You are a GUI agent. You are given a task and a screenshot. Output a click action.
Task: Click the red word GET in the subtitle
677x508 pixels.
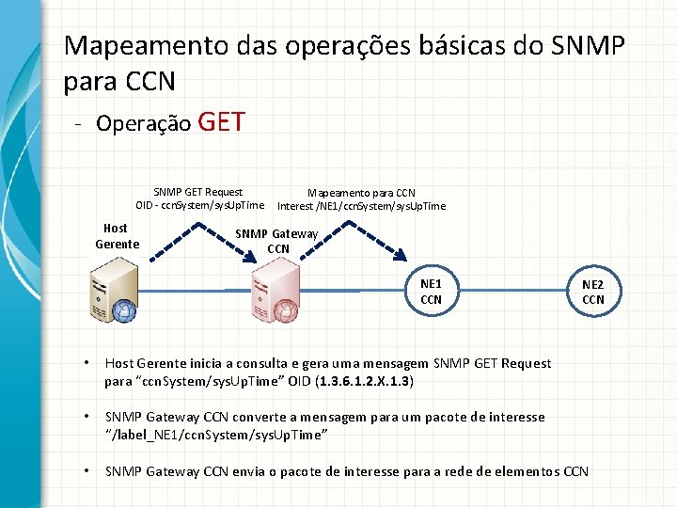click(223, 122)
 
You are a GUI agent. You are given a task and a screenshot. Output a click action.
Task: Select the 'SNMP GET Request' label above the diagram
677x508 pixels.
click(197, 192)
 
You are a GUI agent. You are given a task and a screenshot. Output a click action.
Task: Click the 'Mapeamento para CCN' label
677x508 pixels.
click(361, 193)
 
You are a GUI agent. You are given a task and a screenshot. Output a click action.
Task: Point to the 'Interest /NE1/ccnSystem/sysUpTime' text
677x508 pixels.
click(361, 206)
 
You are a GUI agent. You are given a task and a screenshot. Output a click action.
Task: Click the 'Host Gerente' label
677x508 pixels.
click(117, 236)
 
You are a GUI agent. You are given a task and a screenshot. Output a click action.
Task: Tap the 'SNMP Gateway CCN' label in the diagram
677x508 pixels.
click(277, 241)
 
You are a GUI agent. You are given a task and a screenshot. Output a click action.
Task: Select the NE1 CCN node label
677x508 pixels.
click(431, 291)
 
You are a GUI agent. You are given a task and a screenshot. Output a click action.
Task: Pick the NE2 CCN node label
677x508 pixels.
click(593, 292)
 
